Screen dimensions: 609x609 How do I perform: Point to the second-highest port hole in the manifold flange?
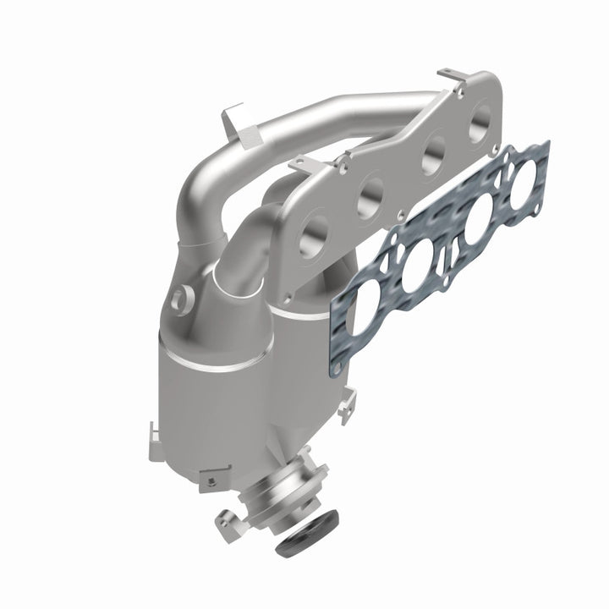tap(429, 154)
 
